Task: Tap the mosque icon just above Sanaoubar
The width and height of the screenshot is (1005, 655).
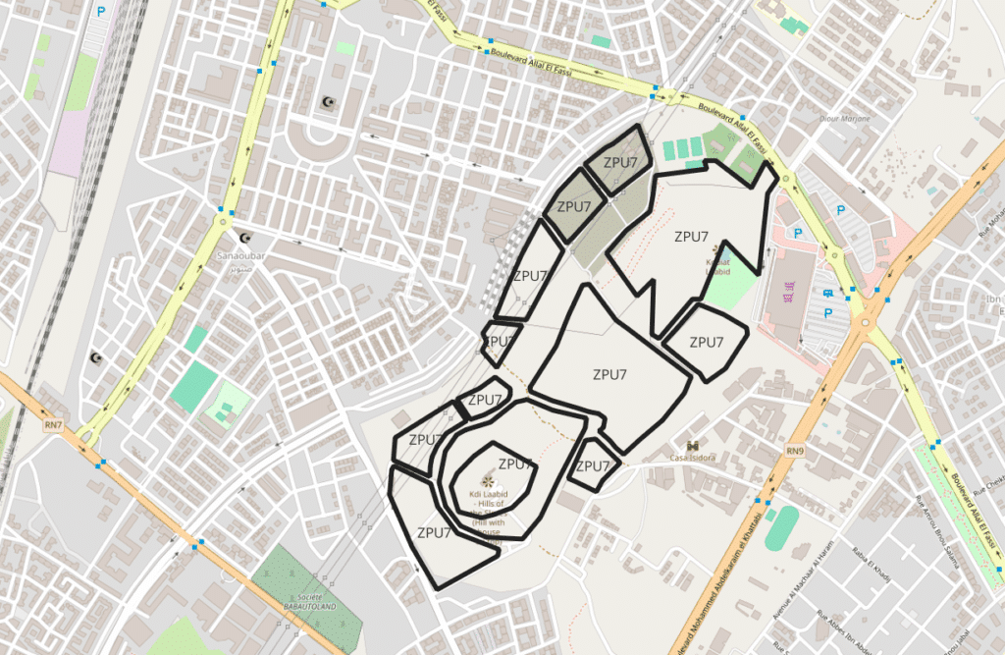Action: [x=245, y=237]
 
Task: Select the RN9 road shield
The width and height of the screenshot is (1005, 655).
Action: [x=795, y=450]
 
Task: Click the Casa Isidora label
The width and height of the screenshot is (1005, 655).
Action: [x=692, y=458]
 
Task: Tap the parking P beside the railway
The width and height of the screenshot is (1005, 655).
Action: [x=103, y=14]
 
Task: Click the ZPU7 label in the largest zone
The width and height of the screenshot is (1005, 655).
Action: [x=609, y=374]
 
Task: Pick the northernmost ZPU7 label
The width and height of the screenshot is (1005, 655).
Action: [x=621, y=162]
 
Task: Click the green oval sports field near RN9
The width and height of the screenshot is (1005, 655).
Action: [x=781, y=526]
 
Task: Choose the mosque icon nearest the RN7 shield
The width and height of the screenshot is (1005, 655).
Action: [x=97, y=357]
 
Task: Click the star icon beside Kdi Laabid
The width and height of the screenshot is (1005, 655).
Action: [x=488, y=479]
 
